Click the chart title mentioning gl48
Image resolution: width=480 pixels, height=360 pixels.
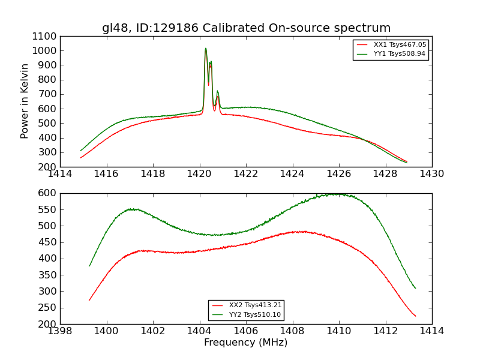pyautogui.click(x=246, y=28)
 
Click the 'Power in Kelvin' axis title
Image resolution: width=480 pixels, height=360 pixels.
pyautogui.click(x=25, y=101)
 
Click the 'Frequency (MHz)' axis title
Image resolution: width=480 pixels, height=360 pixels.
pyautogui.click(x=246, y=343)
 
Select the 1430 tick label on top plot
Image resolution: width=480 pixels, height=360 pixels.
pyautogui.click(x=431, y=174)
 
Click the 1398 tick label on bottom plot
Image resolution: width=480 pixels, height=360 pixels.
pyautogui.click(x=60, y=331)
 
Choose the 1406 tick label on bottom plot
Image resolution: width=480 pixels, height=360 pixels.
pyautogui.click(x=246, y=331)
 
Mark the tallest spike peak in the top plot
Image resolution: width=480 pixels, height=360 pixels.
pyautogui.click(x=205, y=49)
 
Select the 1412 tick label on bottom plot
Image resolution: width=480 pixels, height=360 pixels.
pyautogui.click(x=385, y=331)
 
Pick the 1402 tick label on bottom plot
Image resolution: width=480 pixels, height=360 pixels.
pyautogui.click(x=153, y=331)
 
